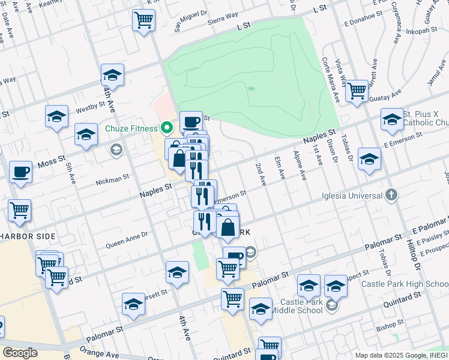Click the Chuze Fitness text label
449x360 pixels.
(131, 128)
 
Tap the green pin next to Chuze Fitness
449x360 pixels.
(166, 128)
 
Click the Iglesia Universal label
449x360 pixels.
(352, 196)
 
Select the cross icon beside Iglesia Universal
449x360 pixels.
(391, 194)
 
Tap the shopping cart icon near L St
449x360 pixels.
(143, 20)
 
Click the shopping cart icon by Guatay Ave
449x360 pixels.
(357, 91)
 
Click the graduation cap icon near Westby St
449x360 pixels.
(56, 115)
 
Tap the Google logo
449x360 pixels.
(20, 353)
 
